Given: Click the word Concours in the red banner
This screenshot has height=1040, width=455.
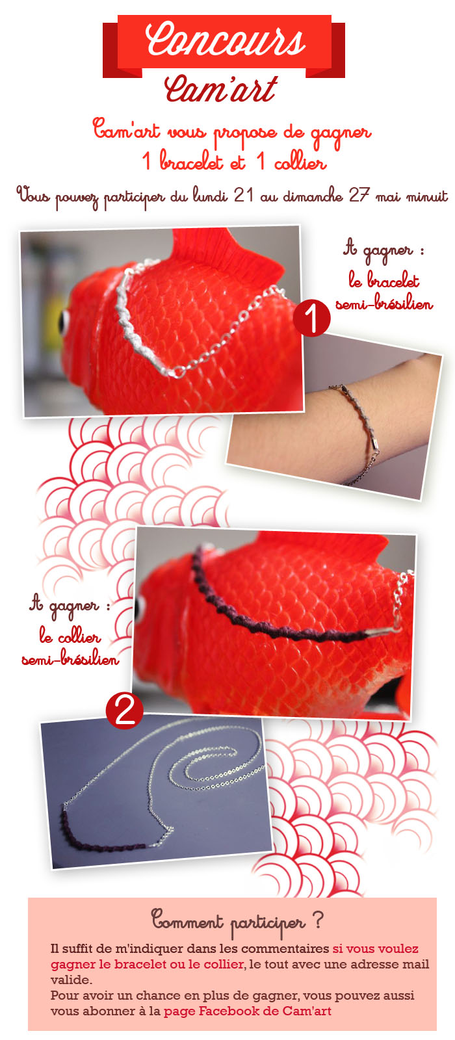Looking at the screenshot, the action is coord(225,40).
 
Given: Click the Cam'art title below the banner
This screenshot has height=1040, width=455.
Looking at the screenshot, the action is coord(221,88).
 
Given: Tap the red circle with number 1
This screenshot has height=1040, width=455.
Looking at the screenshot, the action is coord(311,318).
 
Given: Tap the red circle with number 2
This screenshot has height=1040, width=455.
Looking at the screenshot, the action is coord(124,710).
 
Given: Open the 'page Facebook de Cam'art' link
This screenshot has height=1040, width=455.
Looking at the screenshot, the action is coord(247,1011).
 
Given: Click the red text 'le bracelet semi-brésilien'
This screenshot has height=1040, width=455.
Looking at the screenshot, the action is coord(384,291).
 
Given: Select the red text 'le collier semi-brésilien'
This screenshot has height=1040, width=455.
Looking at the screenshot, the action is coord(70,647).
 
